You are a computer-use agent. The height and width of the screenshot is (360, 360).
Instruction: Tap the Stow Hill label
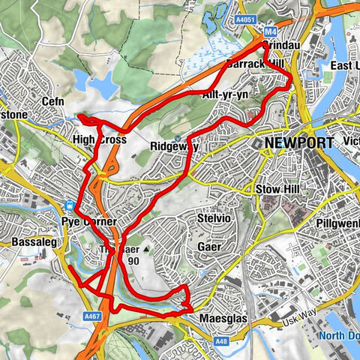coord(278,188)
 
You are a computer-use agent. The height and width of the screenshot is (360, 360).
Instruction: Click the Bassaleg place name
coord(32,243)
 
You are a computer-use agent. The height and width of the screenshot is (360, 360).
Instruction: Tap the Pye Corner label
coord(89,222)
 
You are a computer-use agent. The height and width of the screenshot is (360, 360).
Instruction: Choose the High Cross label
coord(98,140)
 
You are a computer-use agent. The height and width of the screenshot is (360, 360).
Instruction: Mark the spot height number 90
coord(133,261)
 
